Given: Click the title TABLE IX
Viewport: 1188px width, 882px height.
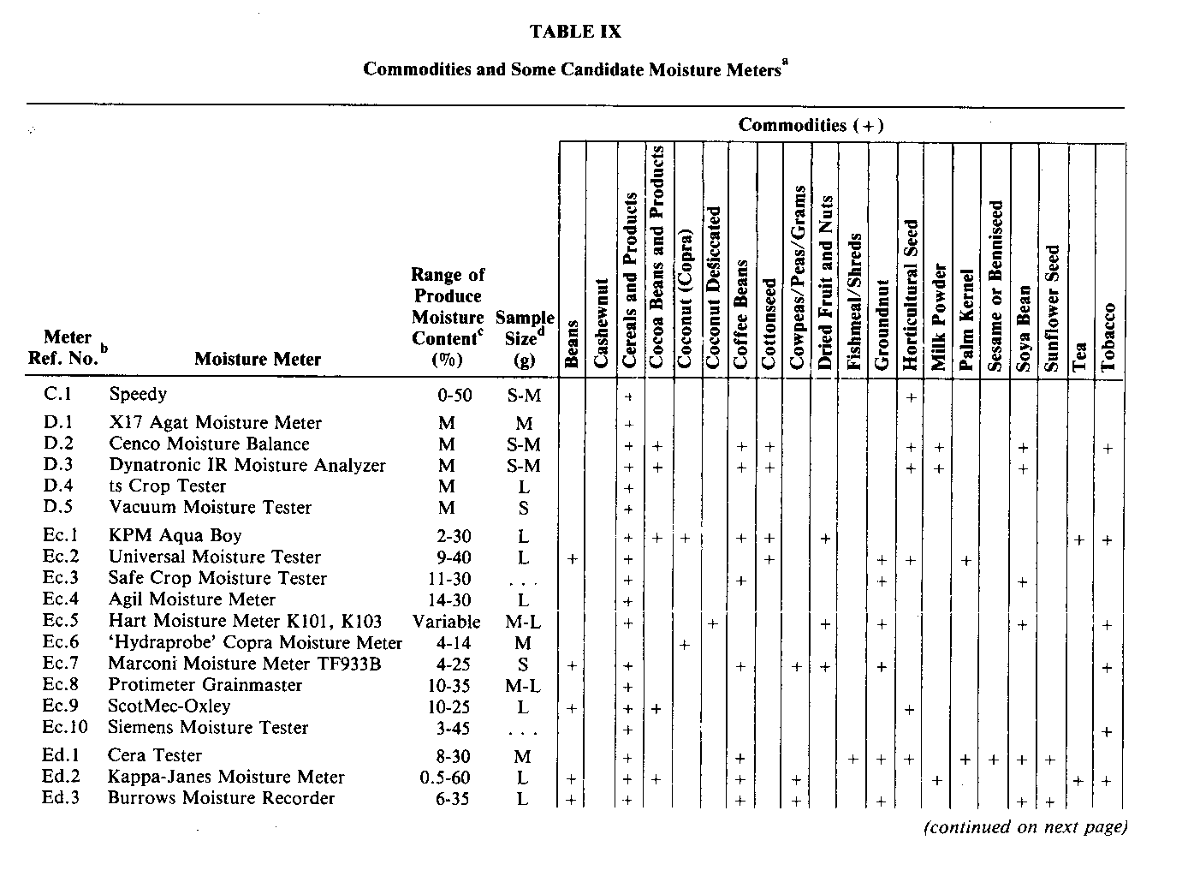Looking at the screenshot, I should tap(575, 33).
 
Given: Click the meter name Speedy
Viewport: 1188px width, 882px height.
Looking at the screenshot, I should tap(138, 395).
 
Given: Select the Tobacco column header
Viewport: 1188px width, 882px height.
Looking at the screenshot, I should tap(1109, 337).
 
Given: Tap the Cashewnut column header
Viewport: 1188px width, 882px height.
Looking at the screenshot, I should tap(600, 323).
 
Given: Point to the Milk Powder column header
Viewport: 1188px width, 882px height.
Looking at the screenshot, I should tap(939, 317).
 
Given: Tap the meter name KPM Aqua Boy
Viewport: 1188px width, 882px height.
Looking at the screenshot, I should tap(175, 536).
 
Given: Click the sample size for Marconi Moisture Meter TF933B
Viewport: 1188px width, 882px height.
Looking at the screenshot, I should tap(523, 664).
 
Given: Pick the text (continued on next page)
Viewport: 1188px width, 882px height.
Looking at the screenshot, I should tap(1025, 827).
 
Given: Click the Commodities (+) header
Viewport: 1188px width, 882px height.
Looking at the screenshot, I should tap(811, 126).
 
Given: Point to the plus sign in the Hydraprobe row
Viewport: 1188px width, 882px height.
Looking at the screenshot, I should tap(685, 645).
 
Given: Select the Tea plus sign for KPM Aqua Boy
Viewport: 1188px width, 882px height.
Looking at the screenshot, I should tap(1079, 540).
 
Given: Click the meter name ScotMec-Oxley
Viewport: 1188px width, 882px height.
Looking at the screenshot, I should tap(169, 706).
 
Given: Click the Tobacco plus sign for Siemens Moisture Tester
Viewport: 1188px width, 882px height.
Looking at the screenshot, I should tap(1108, 732).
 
